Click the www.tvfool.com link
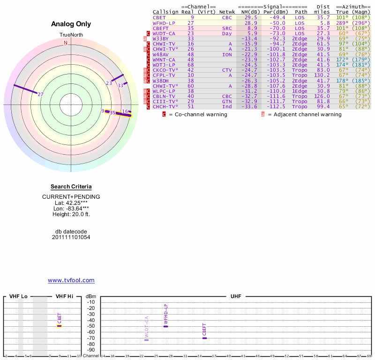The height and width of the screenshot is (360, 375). [x=71, y=280]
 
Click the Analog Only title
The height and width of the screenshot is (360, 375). [x=71, y=24]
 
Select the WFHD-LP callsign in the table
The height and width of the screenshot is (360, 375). [x=164, y=22]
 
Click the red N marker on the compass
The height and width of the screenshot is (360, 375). [x=66, y=43]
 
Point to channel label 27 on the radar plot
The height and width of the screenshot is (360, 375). [x=41, y=94]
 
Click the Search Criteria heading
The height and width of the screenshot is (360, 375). [x=71, y=187]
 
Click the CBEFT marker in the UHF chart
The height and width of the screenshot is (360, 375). [x=204, y=338]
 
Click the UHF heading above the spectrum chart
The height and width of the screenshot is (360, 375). [x=236, y=297]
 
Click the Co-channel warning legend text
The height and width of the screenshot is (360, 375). [x=197, y=114]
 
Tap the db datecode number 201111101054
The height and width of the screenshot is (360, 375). [x=71, y=237]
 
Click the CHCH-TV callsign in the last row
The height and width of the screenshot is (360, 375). [x=164, y=106]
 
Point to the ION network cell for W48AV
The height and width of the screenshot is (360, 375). [x=227, y=54]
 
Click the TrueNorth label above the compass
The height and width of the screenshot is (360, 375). [x=71, y=35]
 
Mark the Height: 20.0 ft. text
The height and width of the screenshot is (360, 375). [x=71, y=214]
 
